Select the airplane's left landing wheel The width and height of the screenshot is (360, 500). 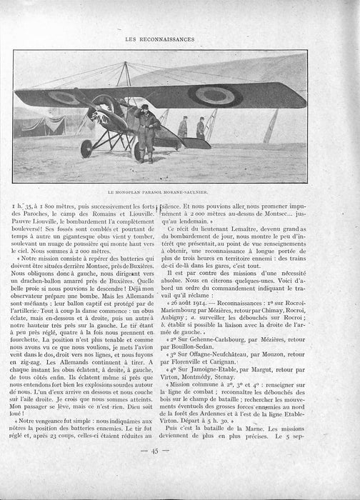87,148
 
